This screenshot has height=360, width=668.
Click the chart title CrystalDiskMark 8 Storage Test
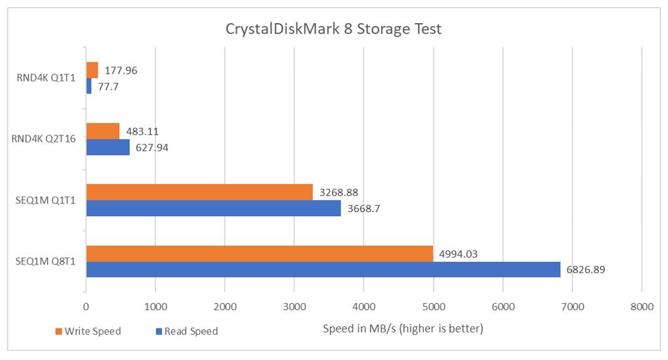tap(333, 29)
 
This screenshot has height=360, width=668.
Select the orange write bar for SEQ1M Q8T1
tap(259, 253)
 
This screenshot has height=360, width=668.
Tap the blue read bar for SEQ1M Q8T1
tap(323, 269)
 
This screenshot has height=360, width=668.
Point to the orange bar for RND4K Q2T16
tap(102, 131)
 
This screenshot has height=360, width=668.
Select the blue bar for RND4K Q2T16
tap(107, 147)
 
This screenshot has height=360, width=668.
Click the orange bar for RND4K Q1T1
tap(92, 70)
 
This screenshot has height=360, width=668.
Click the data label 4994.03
tap(458, 253)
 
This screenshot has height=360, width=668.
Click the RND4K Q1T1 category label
tap(47, 78)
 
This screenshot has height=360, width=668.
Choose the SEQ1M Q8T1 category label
tap(47, 262)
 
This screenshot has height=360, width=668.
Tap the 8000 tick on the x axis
tap(641, 307)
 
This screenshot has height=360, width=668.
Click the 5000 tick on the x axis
tap(433, 307)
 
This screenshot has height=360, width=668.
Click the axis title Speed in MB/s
tap(403, 328)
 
